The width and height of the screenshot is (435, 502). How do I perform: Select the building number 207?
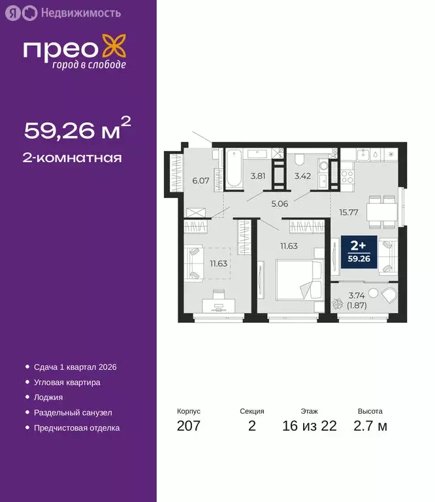click(x=189, y=426)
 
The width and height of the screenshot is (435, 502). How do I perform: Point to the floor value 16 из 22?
click(x=310, y=426)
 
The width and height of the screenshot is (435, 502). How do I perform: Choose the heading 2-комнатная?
click(x=73, y=158)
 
